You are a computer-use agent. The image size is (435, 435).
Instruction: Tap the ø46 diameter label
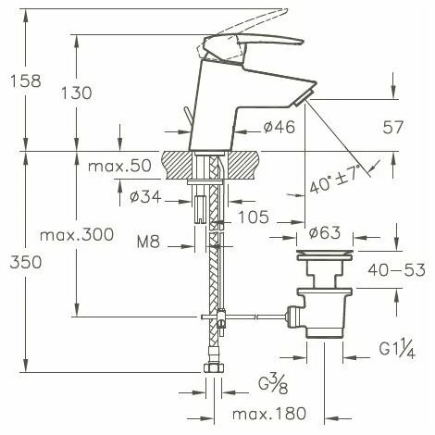(277, 128)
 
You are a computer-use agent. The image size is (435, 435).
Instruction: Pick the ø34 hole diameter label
(147, 196)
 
